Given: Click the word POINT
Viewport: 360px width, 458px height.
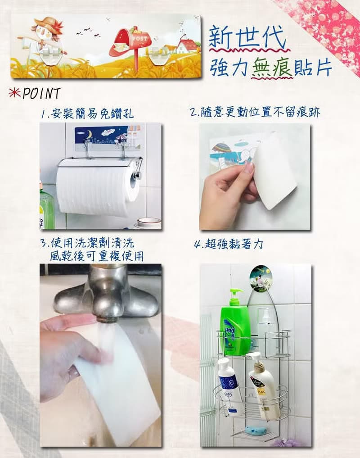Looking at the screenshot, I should coord(41,94).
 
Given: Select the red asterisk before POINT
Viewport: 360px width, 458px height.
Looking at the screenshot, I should coord(14,93).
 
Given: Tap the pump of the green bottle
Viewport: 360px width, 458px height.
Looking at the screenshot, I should coord(236,294).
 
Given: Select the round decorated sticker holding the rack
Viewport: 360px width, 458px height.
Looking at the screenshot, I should coord(261,278).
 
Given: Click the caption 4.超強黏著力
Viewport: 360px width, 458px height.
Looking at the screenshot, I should coord(228,245).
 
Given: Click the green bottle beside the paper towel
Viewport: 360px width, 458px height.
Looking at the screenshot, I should coord(46,207).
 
